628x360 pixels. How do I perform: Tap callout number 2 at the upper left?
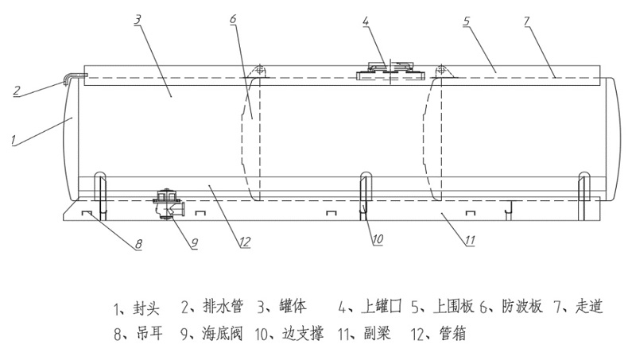[x=16, y=90]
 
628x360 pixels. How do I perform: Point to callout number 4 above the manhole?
[x=366, y=22]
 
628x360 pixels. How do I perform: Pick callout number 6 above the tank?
[x=233, y=20]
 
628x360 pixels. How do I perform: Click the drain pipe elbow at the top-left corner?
[x=74, y=76]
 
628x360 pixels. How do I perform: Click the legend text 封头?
[x=147, y=306]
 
